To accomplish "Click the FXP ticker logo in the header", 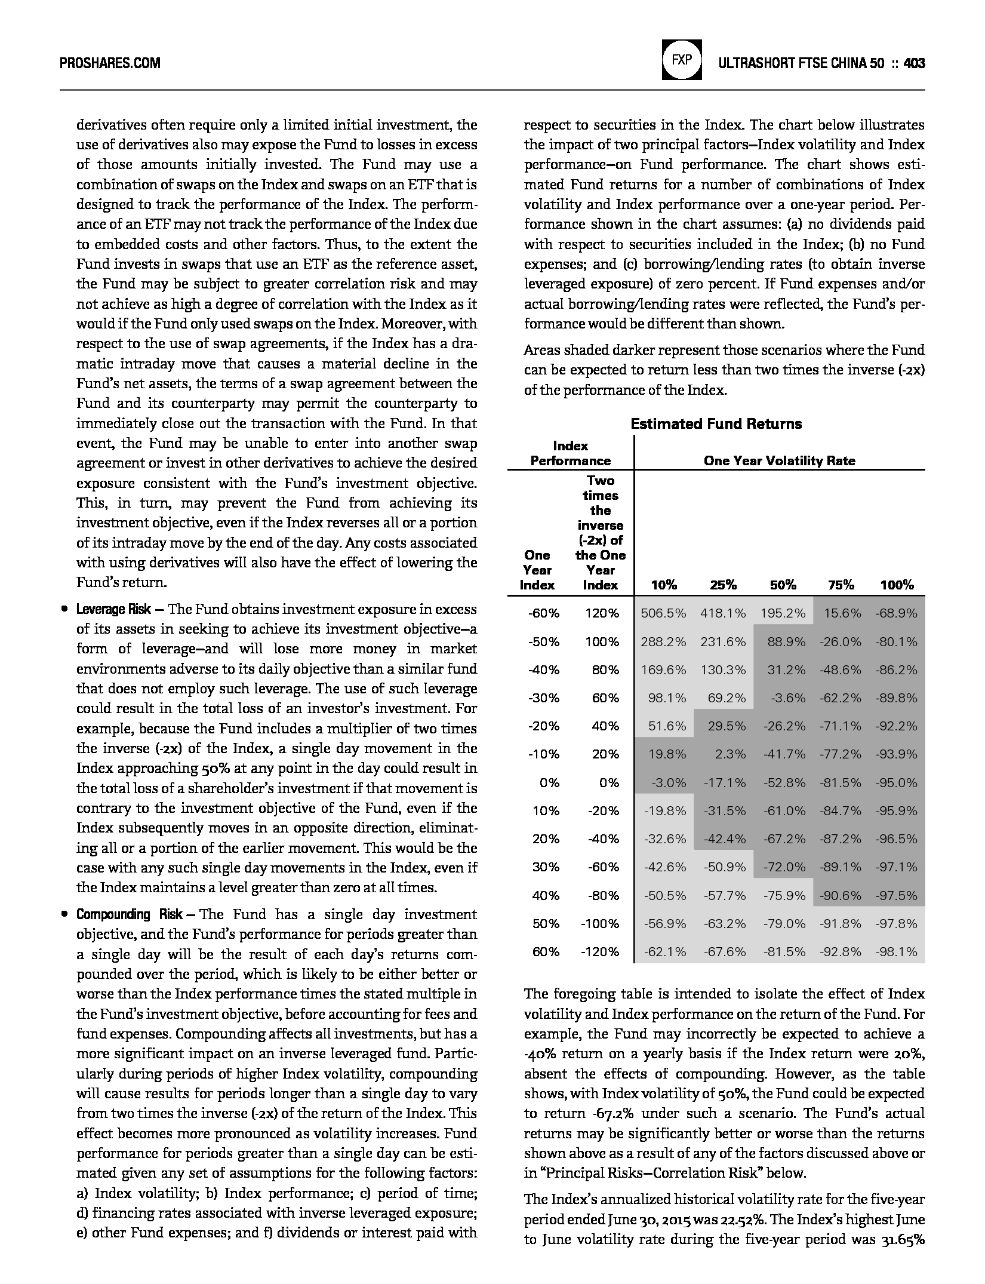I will (681, 61).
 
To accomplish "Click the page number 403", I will (915, 63).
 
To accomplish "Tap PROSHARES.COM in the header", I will (110, 63).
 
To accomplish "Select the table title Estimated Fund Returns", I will (716, 424).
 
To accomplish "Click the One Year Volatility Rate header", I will (779, 460).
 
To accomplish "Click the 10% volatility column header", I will (664, 585).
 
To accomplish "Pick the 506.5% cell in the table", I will (663, 613).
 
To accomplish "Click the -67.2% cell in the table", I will (784, 839).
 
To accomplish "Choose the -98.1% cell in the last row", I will (896, 952).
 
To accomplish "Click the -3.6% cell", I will (788, 698).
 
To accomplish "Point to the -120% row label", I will (600, 952).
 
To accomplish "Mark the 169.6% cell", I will (663, 670).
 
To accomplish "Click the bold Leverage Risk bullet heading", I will (113, 610).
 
